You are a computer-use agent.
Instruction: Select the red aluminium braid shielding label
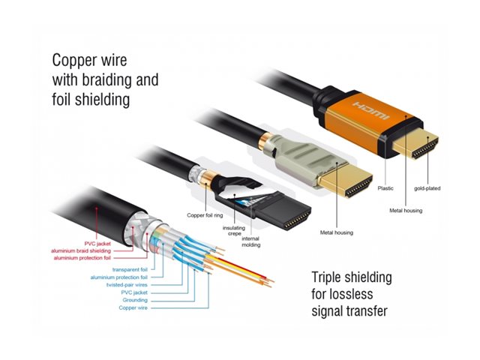(x=89, y=250)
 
